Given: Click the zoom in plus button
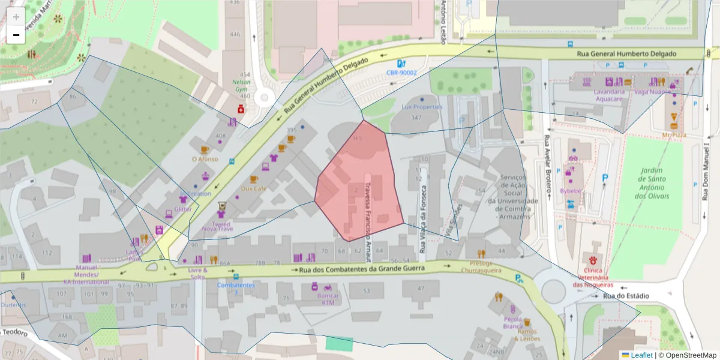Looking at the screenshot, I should coord(16,17).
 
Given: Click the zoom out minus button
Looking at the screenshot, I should coord(16,35).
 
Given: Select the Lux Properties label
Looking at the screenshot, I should coord(422,107).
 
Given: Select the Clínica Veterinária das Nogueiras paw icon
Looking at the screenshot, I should coord(593,261).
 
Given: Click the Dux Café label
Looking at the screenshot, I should coord(253,188).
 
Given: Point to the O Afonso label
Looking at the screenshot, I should coord(204,159).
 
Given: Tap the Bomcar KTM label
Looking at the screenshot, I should coord(330,299).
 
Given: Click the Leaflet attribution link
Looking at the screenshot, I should coord(641,355).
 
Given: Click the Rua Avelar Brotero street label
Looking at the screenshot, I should coord(547,167).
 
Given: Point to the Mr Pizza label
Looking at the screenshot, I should coord(674,135).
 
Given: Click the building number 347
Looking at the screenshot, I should coord(416,118).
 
